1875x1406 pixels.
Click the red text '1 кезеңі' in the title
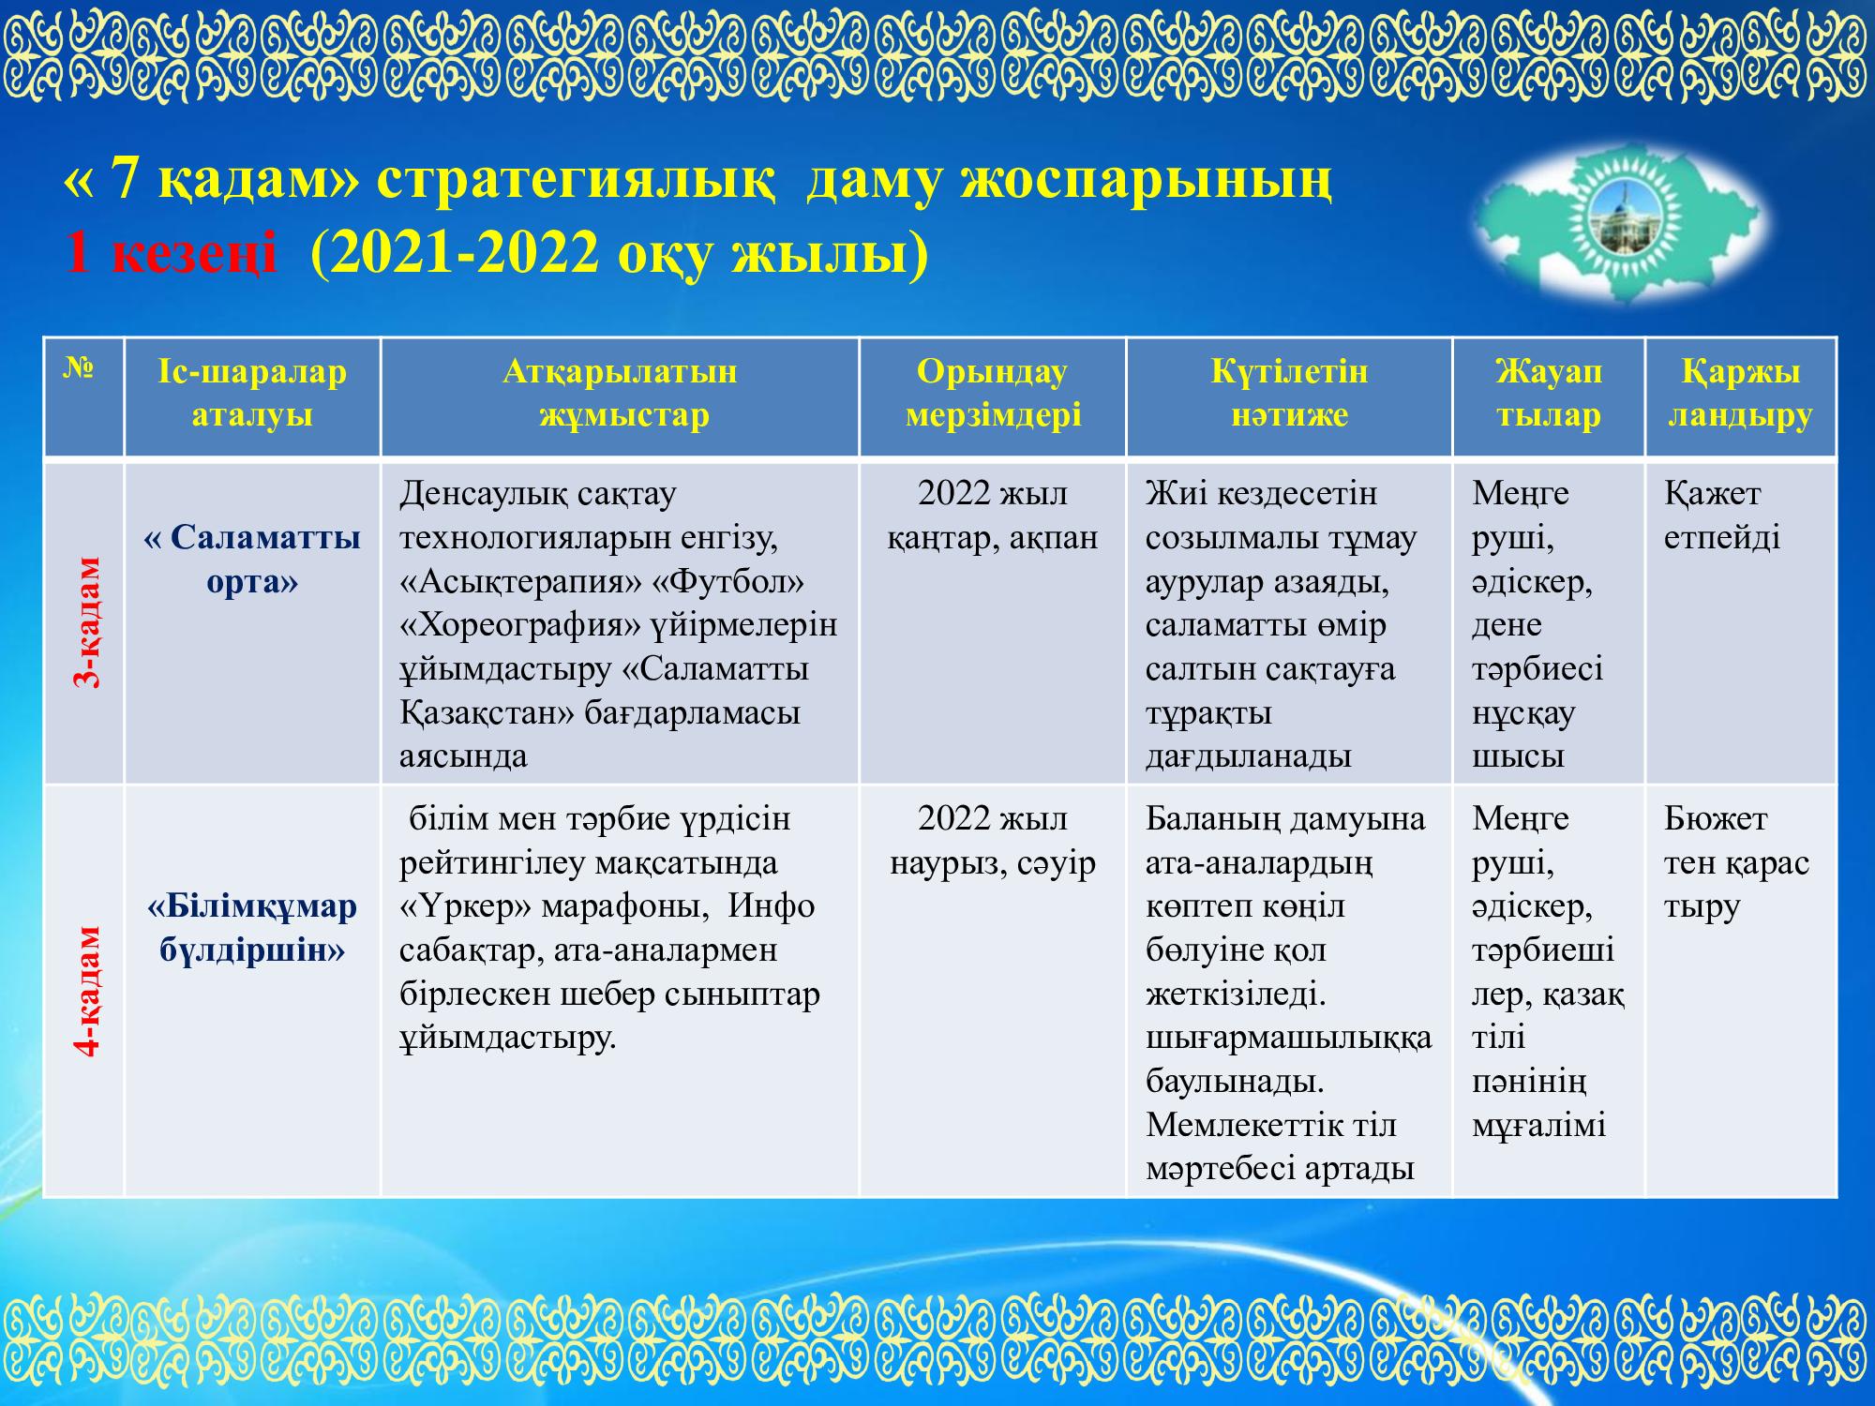coord(171,253)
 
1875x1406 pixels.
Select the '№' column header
coord(79,368)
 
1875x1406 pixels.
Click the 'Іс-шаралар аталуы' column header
coord(252,394)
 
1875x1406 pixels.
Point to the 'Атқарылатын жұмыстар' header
coord(620,394)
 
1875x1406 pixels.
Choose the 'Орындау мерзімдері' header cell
coord(993,394)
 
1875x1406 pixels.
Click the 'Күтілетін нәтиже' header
coord(1289,394)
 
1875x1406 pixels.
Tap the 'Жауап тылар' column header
coord(1549,394)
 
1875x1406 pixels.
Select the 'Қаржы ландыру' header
coord(1740,394)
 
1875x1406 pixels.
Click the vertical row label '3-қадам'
coord(85,622)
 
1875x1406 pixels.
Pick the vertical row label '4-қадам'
coord(85,992)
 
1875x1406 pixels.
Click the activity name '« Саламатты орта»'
coord(252,560)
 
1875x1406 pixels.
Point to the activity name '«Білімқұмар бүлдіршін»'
coord(252,928)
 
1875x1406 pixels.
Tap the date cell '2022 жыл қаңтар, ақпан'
coord(993,516)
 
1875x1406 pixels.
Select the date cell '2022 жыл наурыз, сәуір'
coord(993,841)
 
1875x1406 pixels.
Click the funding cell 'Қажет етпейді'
coord(1722,516)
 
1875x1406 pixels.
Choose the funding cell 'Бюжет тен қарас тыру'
coord(1736,862)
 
